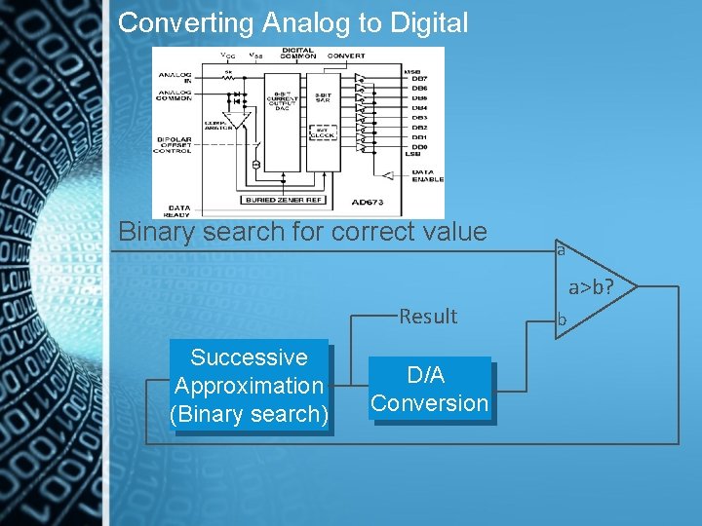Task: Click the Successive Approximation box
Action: click(x=249, y=386)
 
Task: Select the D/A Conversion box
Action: click(x=429, y=390)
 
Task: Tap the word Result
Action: click(x=428, y=316)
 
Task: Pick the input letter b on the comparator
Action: click(x=561, y=319)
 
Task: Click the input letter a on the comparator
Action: click(x=561, y=250)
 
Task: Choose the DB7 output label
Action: click(x=419, y=79)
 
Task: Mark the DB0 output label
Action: click(x=419, y=147)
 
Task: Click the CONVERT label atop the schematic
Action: click(x=346, y=56)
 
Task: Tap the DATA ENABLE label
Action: click(x=427, y=175)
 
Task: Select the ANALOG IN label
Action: click(x=175, y=77)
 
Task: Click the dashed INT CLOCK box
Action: click(x=322, y=135)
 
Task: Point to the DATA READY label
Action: click(x=179, y=209)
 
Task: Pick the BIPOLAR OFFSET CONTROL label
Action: click(x=175, y=145)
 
